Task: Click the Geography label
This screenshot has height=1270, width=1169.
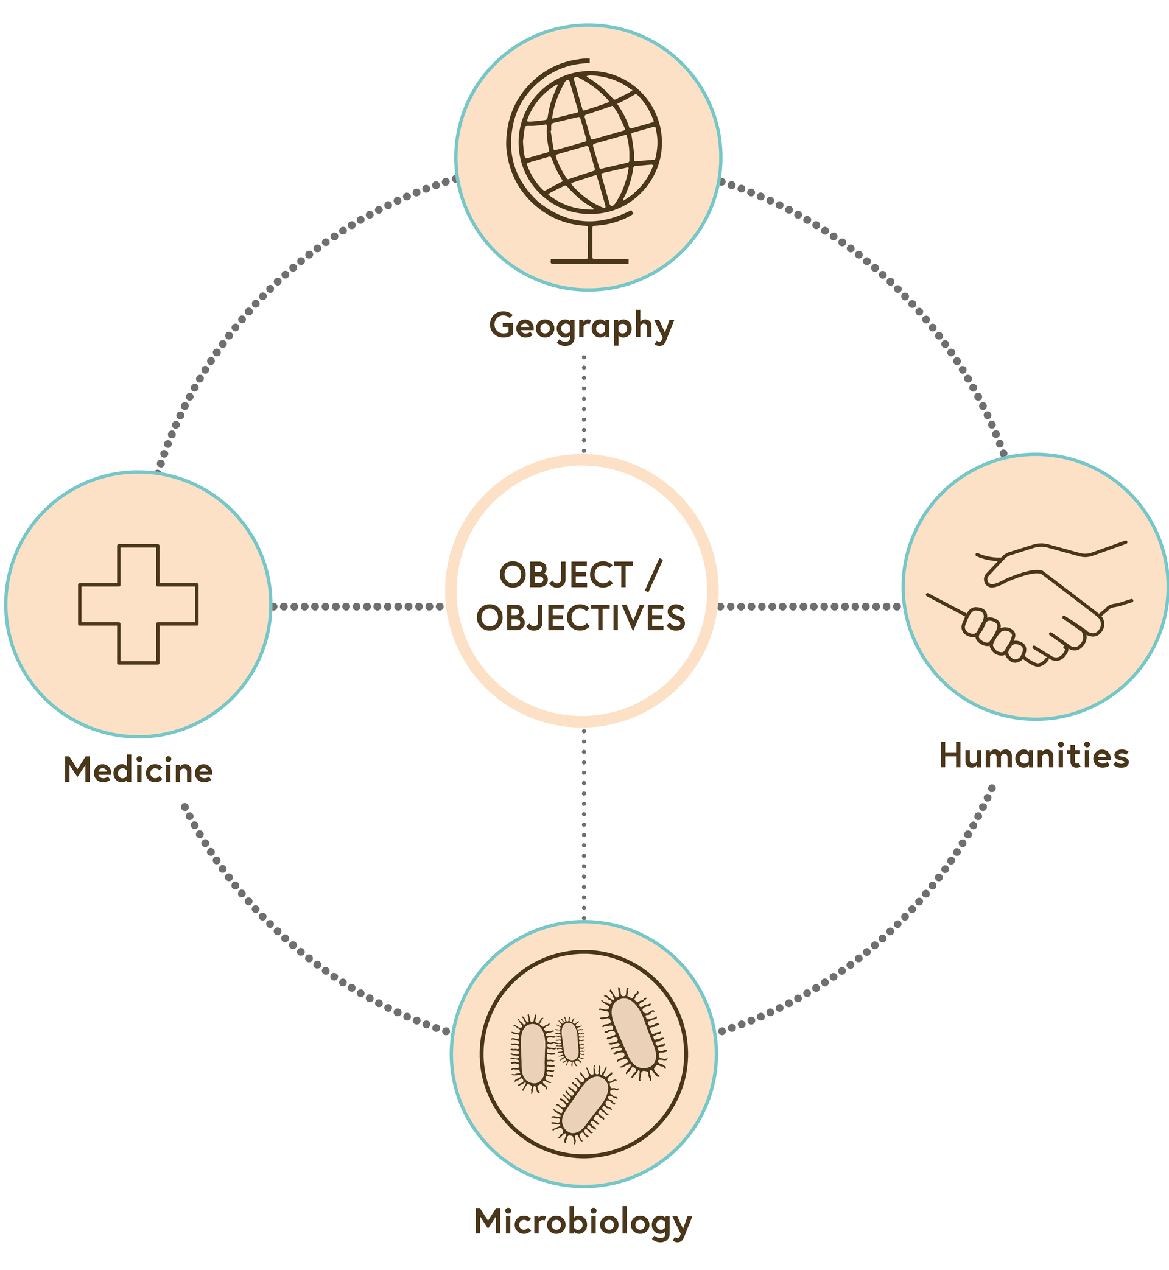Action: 581,326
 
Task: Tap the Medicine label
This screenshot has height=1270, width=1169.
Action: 138,770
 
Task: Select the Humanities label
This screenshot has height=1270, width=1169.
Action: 1034,756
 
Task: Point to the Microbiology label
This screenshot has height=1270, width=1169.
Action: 583,1221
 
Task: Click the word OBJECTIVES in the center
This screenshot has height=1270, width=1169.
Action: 581,618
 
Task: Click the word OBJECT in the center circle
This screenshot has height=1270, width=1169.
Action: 566,575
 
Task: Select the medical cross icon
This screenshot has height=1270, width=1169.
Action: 138,604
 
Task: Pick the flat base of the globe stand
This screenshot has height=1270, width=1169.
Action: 589,261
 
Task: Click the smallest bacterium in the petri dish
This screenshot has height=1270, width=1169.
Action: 570,1041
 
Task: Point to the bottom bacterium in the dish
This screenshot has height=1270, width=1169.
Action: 585,1104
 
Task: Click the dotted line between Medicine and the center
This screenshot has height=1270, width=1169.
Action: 357,606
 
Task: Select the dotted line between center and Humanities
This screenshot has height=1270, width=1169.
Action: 810,606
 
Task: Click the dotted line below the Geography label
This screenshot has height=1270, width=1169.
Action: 583,405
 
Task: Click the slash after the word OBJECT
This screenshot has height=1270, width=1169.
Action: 653,575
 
